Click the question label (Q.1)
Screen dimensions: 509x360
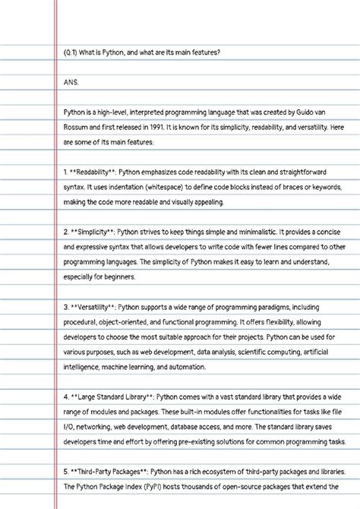tap(72, 52)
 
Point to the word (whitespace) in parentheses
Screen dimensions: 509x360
tap(163, 187)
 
